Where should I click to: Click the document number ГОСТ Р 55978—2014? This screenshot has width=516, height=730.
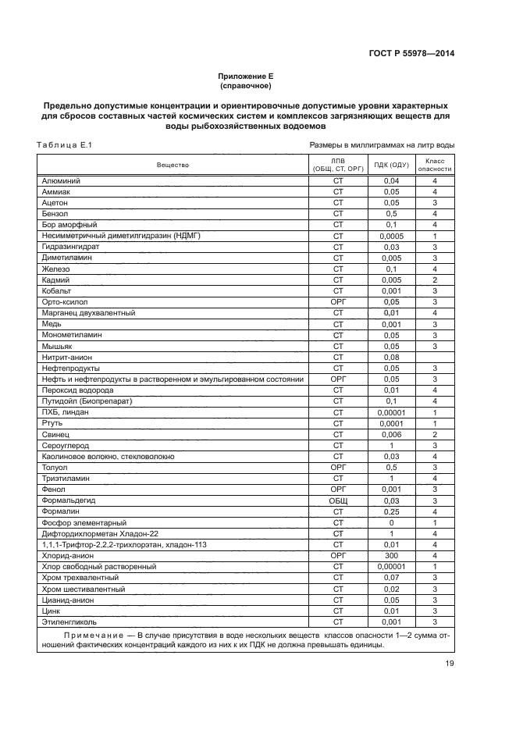(411, 53)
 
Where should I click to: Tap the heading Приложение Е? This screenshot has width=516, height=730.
(246, 77)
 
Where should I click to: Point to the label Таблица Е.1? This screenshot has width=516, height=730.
(64, 145)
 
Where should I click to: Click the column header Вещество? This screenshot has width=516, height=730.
(173, 165)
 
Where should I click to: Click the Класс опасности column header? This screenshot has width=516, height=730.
(434, 165)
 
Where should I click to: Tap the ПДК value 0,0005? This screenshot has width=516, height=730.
(391, 236)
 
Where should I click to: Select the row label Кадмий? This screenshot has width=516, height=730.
(56, 280)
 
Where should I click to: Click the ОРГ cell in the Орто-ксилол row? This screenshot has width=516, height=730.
(338, 301)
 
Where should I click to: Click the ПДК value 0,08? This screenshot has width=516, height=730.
(391, 357)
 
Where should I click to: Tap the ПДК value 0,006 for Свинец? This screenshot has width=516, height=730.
(391, 434)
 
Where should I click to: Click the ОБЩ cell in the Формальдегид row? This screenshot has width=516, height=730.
(338, 500)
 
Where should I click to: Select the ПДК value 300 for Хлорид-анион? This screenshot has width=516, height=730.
(391, 555)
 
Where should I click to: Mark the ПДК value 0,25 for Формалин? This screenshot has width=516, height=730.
(391, 511)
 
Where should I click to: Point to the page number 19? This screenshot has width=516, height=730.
(450, 664)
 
